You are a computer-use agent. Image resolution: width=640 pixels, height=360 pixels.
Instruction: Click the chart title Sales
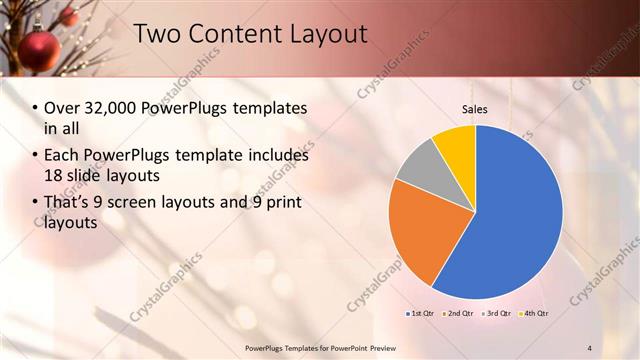pyautogui.click(x=474, y=110)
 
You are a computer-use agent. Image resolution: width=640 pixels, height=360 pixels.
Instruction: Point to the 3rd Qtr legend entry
pyautogui.click(x=495, y=314)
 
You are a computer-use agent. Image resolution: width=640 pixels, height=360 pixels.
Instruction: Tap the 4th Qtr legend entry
pyautogui.click(x=534, y=314)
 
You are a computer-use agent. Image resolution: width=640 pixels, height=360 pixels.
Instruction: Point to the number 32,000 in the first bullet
pyautogui.click(x=108, y=107)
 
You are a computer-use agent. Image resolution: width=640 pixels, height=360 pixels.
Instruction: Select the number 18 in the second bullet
pyautogui.click(x=54, y=174)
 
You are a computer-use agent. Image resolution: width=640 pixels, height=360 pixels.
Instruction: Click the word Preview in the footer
pyautogui.click(x=387, y=347)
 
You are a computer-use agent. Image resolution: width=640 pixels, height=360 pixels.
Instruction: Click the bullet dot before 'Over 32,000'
pyautogui.click(x=36, y=108)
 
